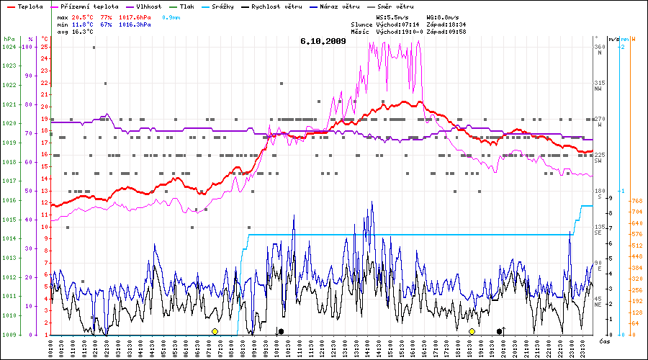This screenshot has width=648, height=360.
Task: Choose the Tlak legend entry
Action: tap(186, 6)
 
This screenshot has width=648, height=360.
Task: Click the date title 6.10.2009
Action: tap(323, 41)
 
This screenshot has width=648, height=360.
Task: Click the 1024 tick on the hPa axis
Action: tap(9, 47)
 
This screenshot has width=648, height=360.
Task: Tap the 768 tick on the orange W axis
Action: tap(636, 201)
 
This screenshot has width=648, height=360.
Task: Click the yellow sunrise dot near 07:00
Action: tap(215, 331)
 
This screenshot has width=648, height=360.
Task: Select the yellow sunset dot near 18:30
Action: tap(472, 331)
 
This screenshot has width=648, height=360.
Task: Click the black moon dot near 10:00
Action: tap(281, 331)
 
